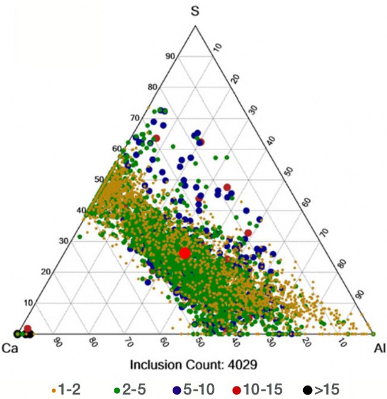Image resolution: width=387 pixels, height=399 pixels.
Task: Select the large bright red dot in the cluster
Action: coord(185,253)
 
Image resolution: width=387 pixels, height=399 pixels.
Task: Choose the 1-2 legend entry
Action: coord(67,389)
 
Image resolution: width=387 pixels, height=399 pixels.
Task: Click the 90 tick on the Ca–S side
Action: coord(170,57)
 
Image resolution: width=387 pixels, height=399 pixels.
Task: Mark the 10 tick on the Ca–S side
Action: coord(27,303)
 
